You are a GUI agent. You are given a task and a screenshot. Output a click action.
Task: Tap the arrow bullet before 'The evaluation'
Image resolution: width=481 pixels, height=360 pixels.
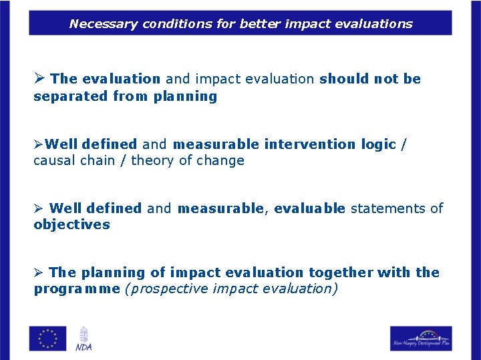click(39, 79)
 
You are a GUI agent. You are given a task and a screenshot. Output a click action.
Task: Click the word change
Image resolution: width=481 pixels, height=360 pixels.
click(220, 160)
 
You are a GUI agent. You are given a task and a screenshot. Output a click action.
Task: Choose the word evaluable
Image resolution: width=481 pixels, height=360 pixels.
click(309, 208)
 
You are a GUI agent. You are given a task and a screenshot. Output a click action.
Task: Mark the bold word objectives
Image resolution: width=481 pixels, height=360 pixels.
click(71, 224)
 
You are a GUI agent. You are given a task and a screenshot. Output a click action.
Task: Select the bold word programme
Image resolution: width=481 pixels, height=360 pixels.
click(77, 289)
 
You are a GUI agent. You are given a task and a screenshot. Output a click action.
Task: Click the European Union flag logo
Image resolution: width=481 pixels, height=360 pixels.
click(47, 338)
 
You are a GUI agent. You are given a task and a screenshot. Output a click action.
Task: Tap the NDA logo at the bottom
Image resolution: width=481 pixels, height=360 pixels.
click(84, 338)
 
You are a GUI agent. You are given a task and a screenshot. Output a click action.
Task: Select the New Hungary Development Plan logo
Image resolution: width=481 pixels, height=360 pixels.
click(421, 338)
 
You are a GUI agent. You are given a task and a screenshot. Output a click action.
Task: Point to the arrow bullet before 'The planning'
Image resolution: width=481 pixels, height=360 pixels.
click(39, 273)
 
